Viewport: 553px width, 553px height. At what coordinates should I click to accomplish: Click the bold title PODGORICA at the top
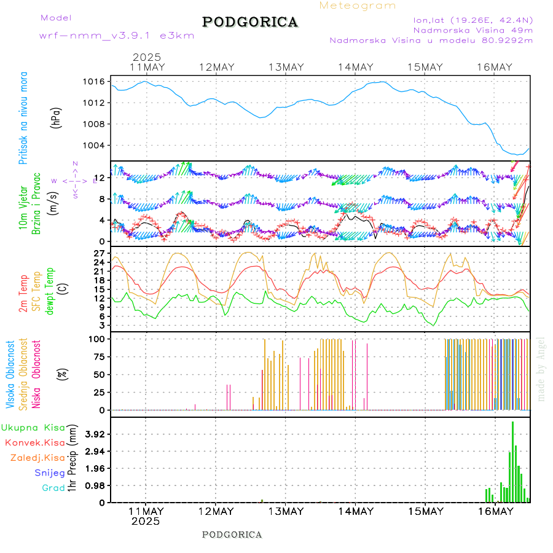[x=250, y=22]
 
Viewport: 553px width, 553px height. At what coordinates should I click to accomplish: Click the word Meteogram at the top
[x=358, y=6]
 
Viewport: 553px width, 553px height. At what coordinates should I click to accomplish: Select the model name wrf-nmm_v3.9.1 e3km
[x=117, y=36]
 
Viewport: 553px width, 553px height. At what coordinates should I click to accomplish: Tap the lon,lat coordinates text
[x=473, y=20]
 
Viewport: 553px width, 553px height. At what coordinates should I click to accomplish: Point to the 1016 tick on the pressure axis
[x=95, y=81]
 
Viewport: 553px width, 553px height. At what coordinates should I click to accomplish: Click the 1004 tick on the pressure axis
[x=95, y=146]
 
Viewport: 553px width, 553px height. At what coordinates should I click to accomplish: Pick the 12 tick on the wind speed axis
[x=102, y=178]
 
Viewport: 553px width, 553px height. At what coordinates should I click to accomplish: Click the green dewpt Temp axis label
[x=50, y=290]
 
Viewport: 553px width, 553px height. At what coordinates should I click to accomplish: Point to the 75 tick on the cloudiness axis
[x=98, y=356]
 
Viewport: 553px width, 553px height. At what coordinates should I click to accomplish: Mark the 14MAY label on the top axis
[x=355, y=67]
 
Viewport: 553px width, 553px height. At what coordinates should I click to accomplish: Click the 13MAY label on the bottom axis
[x=285, y=511]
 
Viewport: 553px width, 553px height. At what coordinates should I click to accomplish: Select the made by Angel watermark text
[x=541, y=369]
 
